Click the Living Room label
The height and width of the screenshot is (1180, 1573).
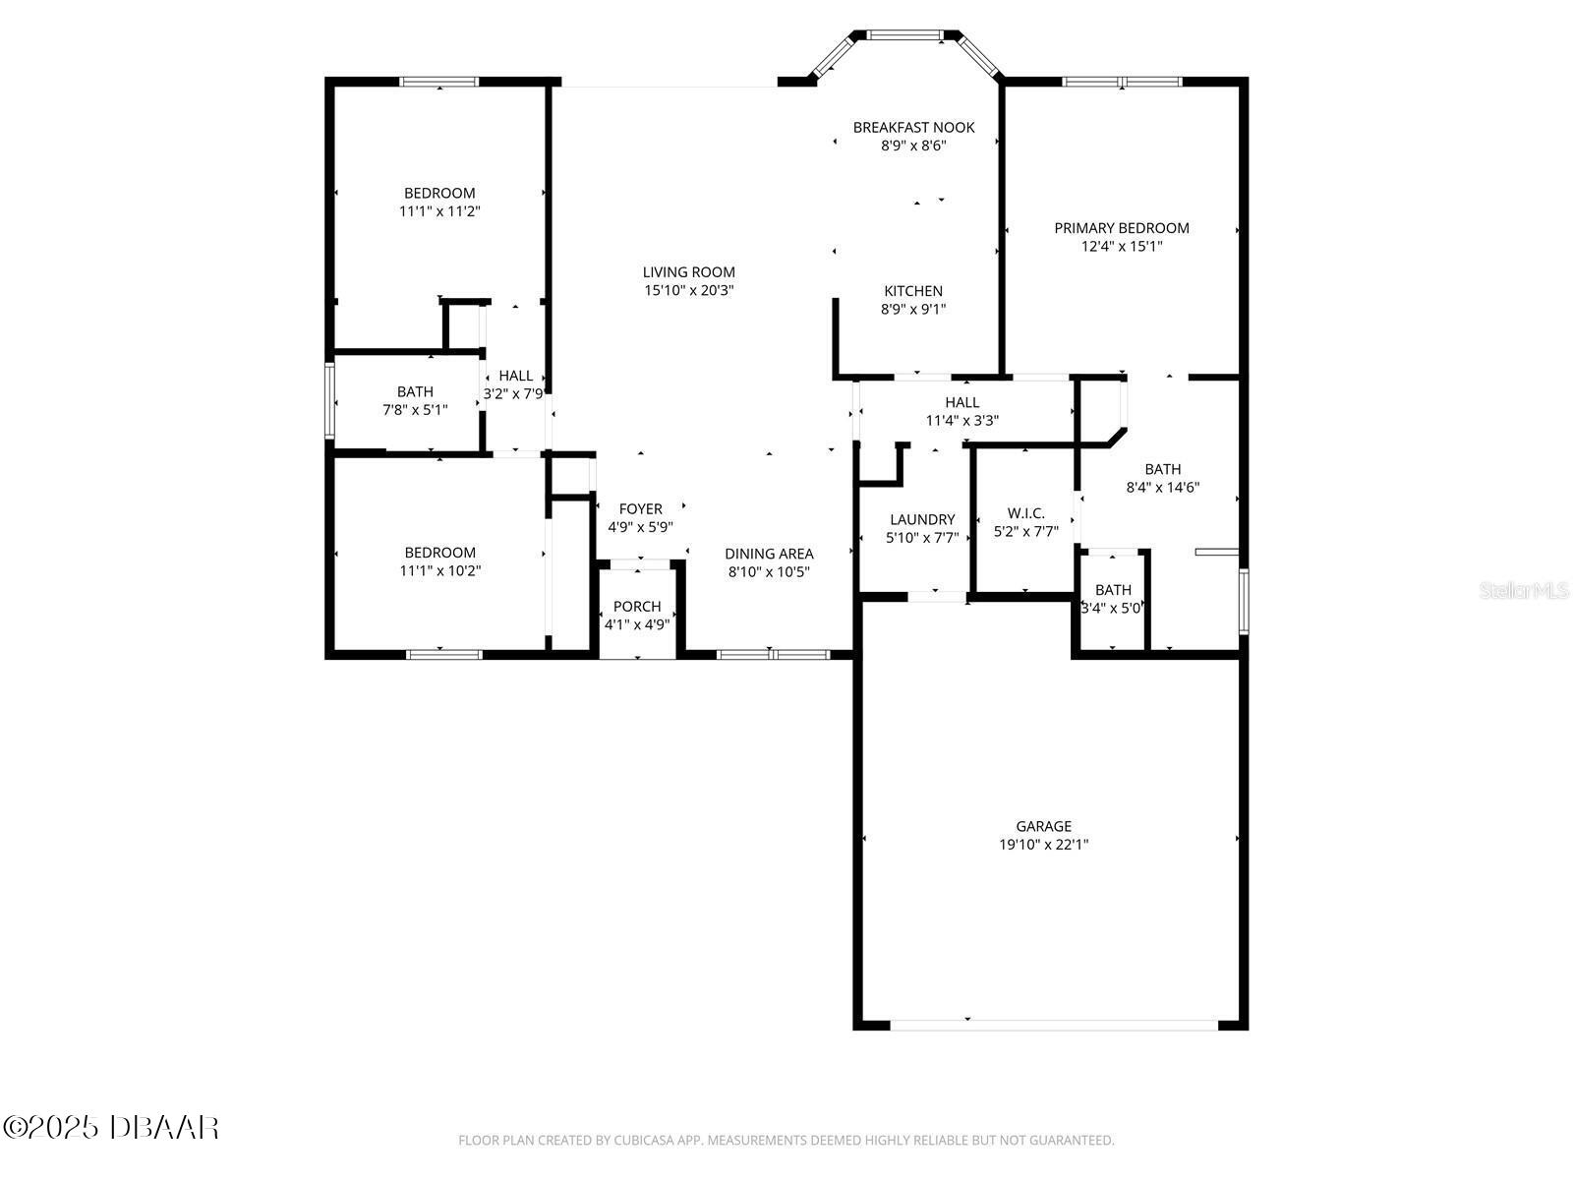click(689, 272)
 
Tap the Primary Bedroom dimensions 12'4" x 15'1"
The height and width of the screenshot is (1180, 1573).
click(1122, 247)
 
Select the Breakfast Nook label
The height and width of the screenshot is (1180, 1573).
click(913, 128)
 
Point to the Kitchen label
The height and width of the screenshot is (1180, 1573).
click(913, 291)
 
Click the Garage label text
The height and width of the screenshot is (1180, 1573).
click(1043, 826)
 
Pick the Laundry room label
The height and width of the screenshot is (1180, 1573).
click(922, 519)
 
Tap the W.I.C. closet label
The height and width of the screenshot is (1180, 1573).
click(1026, 513)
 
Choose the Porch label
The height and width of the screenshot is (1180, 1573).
click(637, 606)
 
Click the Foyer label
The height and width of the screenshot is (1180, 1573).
click(641, 508)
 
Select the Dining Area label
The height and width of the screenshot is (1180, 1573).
click(769, 554)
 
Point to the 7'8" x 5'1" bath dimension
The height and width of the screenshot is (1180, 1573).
click(415, 410)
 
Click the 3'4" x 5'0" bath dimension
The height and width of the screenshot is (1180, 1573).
click(1112, 609)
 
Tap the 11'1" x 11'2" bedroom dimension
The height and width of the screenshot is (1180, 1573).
click(439, 211)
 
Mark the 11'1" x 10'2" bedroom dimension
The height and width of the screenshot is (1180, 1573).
click(440, 571)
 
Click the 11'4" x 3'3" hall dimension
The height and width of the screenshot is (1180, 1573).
click(961, 421)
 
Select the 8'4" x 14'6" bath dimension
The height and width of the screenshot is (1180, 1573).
click(1162, 487)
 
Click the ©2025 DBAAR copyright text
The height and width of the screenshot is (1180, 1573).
click(111, 1127)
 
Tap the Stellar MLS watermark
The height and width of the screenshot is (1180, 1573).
click(1524, 590)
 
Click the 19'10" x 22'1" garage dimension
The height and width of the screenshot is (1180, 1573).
click(1043, 845)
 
